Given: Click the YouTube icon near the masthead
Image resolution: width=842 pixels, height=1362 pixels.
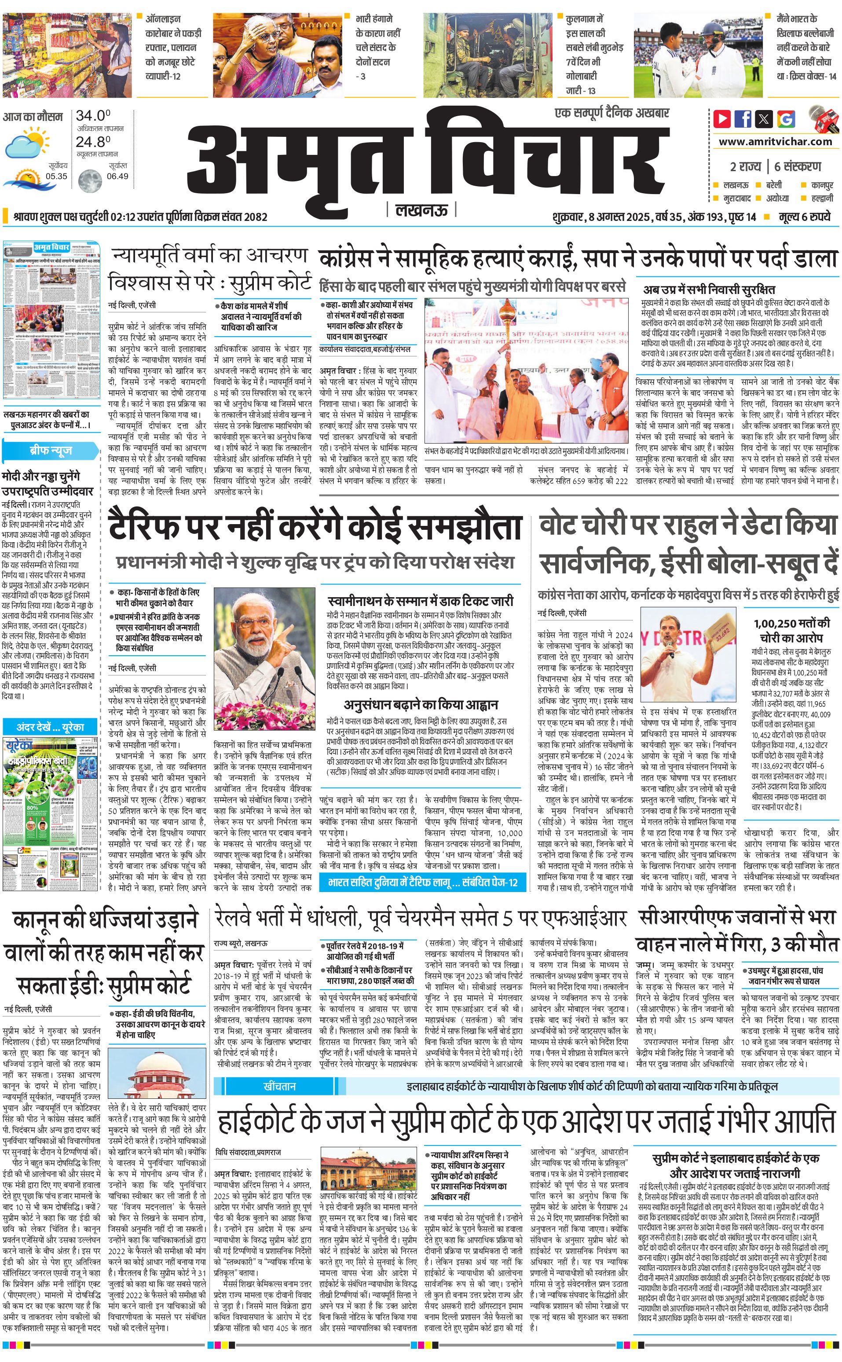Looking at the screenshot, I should coord(722,119).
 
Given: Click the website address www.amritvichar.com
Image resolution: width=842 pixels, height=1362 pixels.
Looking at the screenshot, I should coord(775,142).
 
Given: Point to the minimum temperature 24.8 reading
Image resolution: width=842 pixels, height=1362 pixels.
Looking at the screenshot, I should coord(93,142).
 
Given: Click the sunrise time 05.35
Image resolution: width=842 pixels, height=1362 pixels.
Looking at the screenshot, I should coord(56,176).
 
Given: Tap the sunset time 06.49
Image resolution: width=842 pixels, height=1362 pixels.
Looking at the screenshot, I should coord(117,176).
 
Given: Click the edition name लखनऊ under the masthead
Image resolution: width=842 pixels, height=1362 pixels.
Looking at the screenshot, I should coord(421,210).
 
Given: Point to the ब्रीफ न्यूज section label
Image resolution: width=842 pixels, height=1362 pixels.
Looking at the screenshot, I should coord(51,450).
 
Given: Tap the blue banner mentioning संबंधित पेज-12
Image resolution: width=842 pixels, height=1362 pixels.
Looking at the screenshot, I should coord(423,882).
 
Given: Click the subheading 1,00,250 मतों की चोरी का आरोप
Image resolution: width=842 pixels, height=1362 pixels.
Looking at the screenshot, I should coord(791,630).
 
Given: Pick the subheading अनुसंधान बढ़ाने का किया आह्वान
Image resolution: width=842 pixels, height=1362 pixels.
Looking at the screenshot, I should coord(421,705).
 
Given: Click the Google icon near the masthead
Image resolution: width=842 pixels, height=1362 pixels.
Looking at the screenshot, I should coord(786,119).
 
